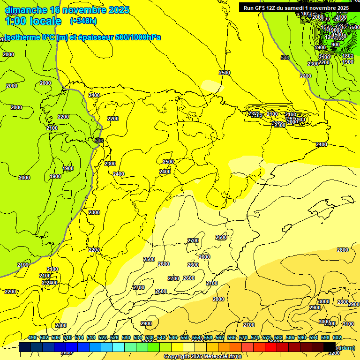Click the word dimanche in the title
(25, 10)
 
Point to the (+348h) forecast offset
(83, 21)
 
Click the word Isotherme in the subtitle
(21, 37)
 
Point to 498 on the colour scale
(32, 337)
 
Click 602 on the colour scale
(337, 337)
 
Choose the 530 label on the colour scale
(126, 337)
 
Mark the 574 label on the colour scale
(255, 337)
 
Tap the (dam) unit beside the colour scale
(348, 347)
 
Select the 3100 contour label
(348, 324)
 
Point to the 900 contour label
(336, 45)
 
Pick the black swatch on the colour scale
(330, 347)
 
